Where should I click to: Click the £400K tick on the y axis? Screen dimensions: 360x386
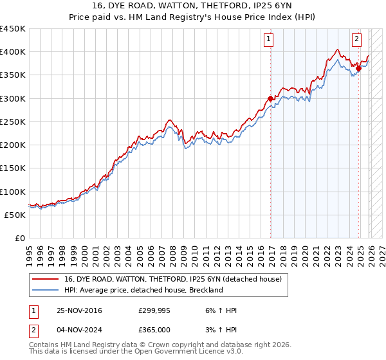(x=13, y=52)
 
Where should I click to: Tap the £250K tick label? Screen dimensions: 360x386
(x=13, y=122)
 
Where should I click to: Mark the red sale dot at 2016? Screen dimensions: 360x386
(x=270, y=98)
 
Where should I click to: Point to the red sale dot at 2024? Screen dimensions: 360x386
(x=358, y=69)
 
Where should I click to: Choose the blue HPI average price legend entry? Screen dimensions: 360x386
(x=143, y=290)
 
